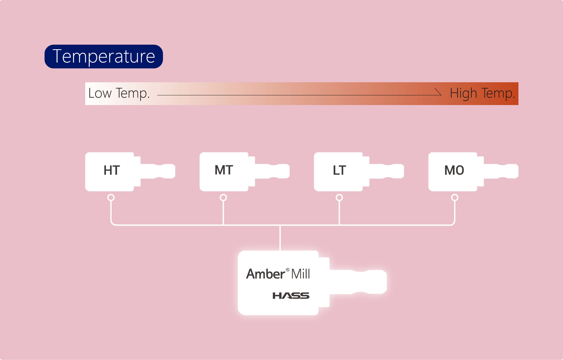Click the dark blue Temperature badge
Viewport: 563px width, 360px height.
104,57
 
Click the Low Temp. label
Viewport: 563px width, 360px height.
119,93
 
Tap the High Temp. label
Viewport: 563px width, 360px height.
482,93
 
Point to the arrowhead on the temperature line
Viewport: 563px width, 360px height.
438,92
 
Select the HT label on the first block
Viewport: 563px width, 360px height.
112,170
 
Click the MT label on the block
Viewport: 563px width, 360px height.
224,170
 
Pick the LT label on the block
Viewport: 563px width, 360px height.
339,170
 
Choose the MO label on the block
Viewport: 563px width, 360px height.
454,170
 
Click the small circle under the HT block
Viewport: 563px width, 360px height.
111,198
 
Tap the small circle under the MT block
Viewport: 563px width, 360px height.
223,198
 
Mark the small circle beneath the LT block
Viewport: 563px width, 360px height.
339,198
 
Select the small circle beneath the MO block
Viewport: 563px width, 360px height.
454,198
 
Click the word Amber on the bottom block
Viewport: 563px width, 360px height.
265,274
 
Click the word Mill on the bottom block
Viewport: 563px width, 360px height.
301,274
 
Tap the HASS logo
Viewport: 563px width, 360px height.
291,296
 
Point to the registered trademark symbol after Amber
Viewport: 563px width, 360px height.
288,270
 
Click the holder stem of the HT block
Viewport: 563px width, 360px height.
158,171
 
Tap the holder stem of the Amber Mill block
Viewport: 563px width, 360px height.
358,282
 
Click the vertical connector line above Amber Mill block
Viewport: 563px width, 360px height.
280,238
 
